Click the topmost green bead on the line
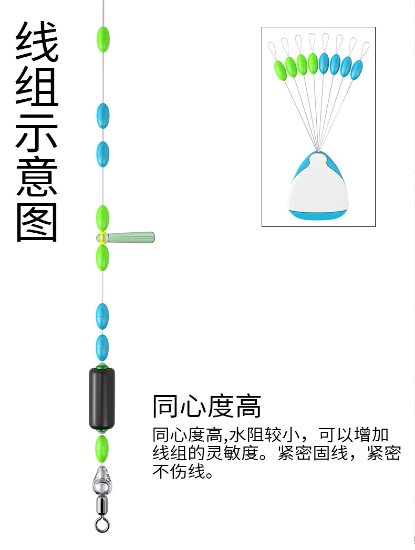[103, 38]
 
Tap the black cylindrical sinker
[102, 398]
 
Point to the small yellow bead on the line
[102, 237]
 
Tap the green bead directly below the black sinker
[101, 447]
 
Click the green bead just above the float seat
[102, 217]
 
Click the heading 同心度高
[206, 406]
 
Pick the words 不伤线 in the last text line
[179, 471]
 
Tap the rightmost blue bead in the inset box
[357, 70]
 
